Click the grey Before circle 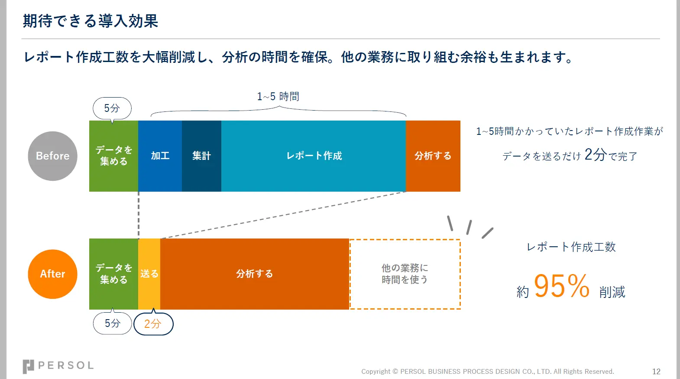[x=52, y=156]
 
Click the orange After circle [x=52, y=274]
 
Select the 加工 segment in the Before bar [x=160, y=156]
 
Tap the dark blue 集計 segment [x=201, y=156]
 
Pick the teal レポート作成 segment [x=314, y=156]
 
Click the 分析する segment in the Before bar [x=433, y=156]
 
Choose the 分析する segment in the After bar [x=254, y=274]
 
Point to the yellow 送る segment [x=149, y=274]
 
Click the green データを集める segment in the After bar [x=113, y=274]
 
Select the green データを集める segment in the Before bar [x=113, y=156]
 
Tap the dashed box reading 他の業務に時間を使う [x=405, y=274]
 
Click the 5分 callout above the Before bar [x=112, y=108]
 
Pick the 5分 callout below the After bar [x=112, y=323]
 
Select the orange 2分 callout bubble [x=153, y=324]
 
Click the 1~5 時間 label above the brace [x=278, y=97]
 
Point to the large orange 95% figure [x=561, y=286]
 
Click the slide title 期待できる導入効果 [x=91, y=21]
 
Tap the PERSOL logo [x=58, y=366]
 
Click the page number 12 [x=656, y=372]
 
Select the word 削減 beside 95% [x=612, y=292]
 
